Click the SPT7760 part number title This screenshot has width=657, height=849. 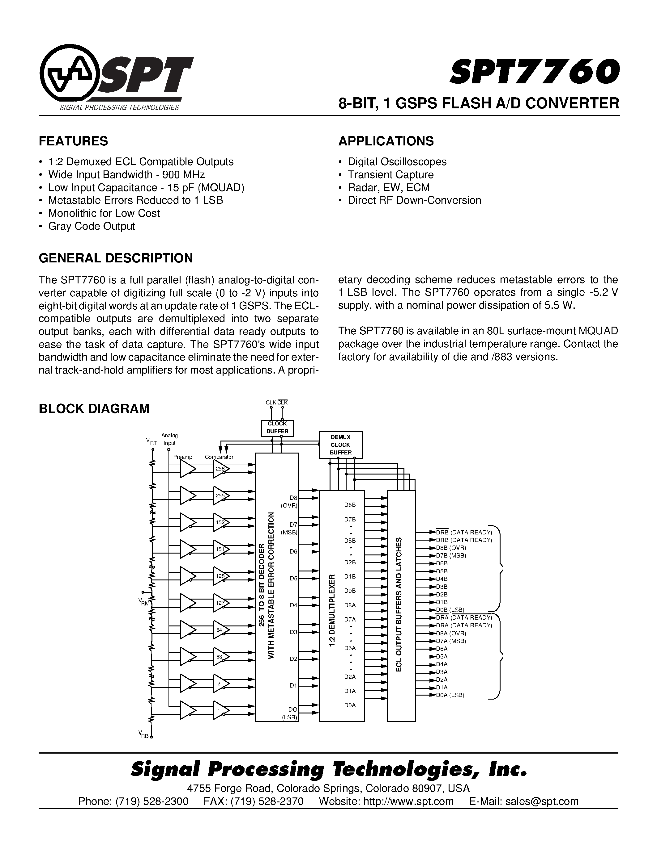pyautogui.click(x=534, y=72)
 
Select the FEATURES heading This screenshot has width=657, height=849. pyautogui.click(x=73, y=141)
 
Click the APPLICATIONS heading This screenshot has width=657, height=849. pyautogui.click(x=386, y=141)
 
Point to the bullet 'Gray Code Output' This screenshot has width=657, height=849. pyautogui.click(x=92, y=226)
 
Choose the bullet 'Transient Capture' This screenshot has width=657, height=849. pyautogui.click(x=390, y=174)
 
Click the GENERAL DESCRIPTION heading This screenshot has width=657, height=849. pyautogui.click(x=116, y=258)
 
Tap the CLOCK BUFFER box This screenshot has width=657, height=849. pyautogui.click(x=277, y=428)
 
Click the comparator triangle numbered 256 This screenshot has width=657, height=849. pyautogui.click(x=221, y=469)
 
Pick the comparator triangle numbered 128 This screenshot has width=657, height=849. pyautogui.click(x=221, y=576)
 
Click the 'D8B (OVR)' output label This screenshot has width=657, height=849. pyautogui.click(x=451, y=548)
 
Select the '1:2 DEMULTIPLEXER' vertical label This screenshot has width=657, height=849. pyautogui.click(x=332, y=611)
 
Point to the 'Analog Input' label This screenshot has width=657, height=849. pyautogui.click(x=169, y=439)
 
